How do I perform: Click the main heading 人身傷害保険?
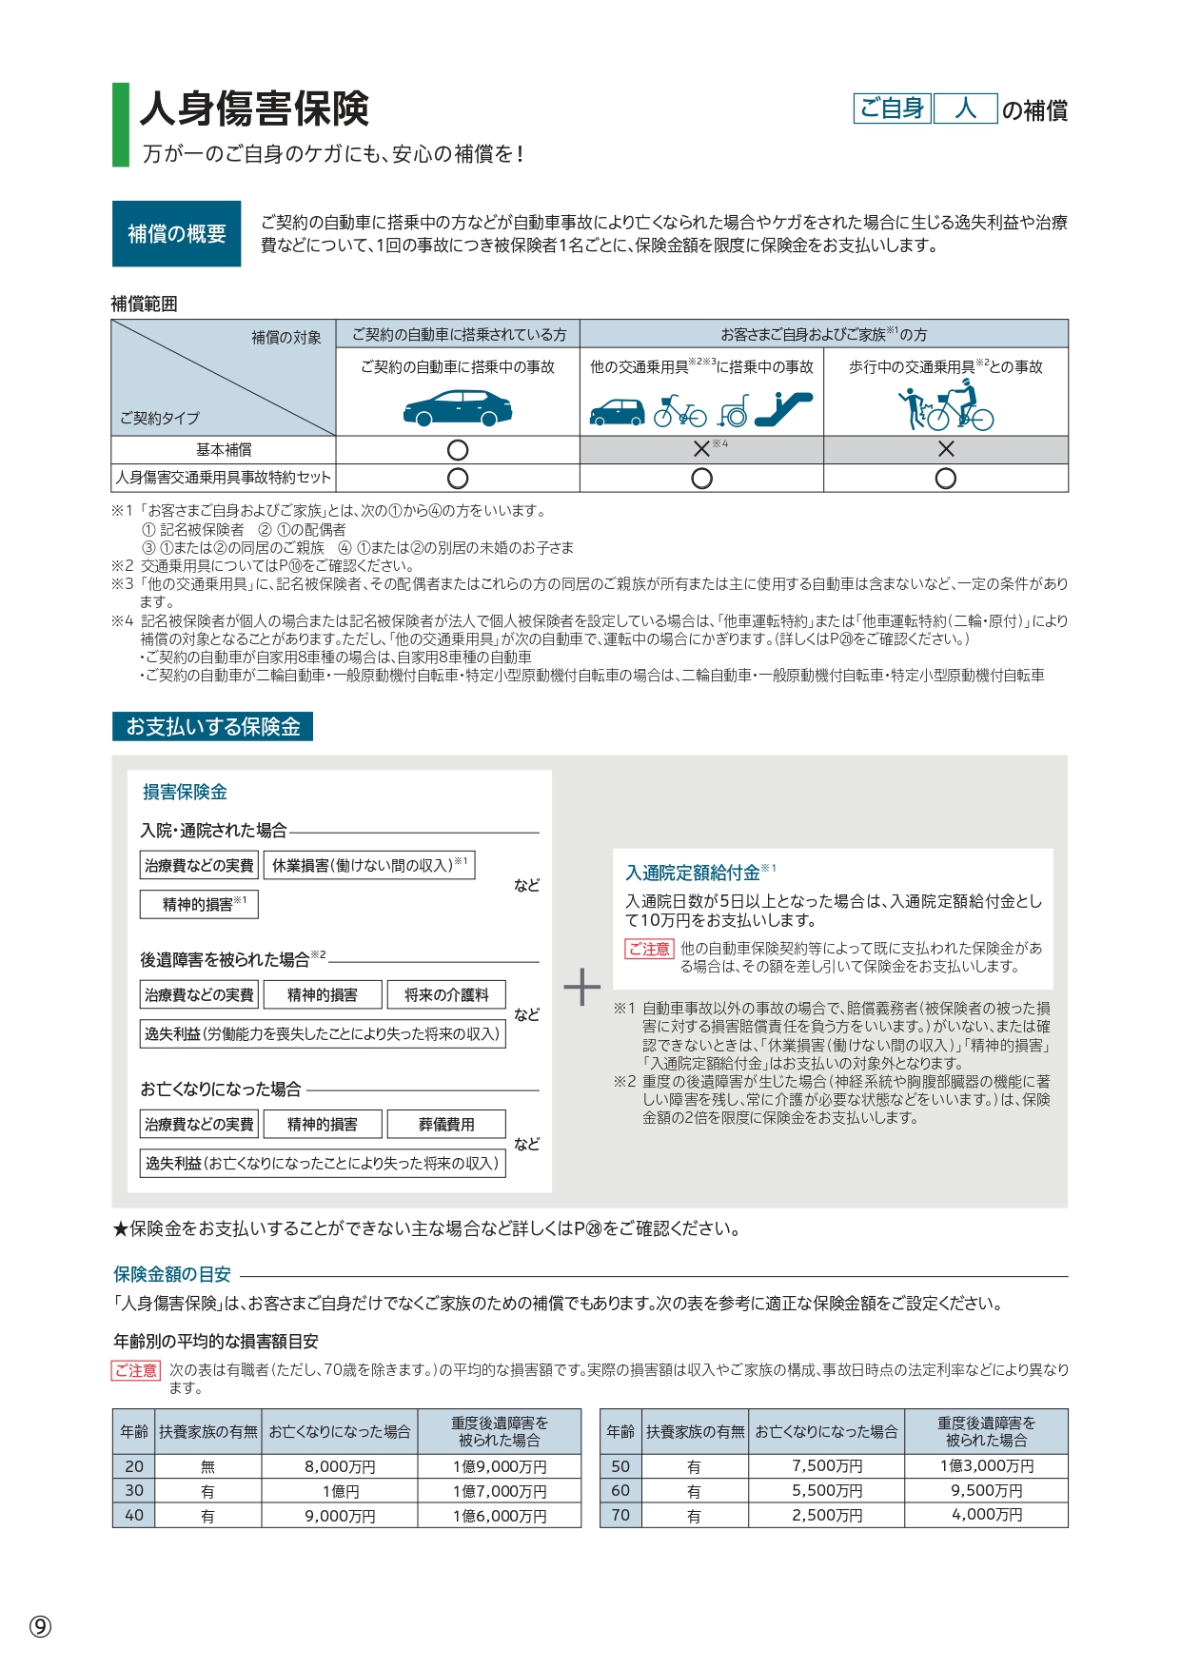pyautogui.click(x=254, y=109)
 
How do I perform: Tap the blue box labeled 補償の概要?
pyautogui.click(x=177, y=233)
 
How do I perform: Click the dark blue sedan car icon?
pyautogui.click(x=458, y=408)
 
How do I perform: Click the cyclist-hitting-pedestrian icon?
pyautogui.click(x=946, y=408)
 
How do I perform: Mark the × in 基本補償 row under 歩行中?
pyautogui.click(x=946, y=449)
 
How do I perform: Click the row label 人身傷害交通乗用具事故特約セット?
pyautogui.click(x=224, y=478)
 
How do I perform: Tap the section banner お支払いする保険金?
pyautogui.click(x=213, y=727)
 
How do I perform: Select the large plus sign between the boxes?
pyautogui.click(x=582, y=988)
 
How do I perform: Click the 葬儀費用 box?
pyautogui.click(x=446, y=1125)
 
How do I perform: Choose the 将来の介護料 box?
pyautogui.click(x=446, y=995)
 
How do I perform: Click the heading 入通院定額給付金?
pyautogui.click(x=694, y=873)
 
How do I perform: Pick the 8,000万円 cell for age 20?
pyautogui.click(x=340, y=1466)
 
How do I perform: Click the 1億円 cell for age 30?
pyautogui.click(x=340, y=1491)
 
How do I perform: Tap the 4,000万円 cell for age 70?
pyautogui.click(x=987, y=1515)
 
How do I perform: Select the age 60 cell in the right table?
pyautogui.click(x=620, y=1491)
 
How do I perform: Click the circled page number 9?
pyautogui.click(x=40, y=1626)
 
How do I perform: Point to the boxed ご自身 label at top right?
pyautogui.click(x=892, y=109)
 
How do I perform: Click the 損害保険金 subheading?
pyautogui.click(x=185, y=792)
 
